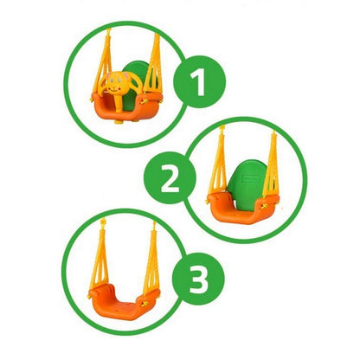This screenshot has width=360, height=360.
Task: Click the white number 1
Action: (200, 84)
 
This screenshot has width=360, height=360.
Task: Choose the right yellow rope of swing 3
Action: (152, 260)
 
